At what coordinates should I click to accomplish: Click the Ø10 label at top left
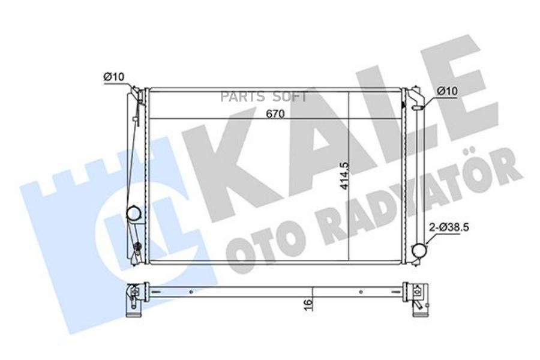pos(113,77)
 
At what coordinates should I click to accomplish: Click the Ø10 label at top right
pos(447,91)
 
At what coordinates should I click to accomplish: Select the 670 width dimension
pos(275,114)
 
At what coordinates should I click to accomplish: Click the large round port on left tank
pos(133,213)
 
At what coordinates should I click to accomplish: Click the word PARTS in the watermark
pos(238,97)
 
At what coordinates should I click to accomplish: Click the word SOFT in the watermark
pos(290,97)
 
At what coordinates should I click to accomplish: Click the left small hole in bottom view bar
pos(191,292)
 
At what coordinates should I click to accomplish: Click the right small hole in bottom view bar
pos(361,292)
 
